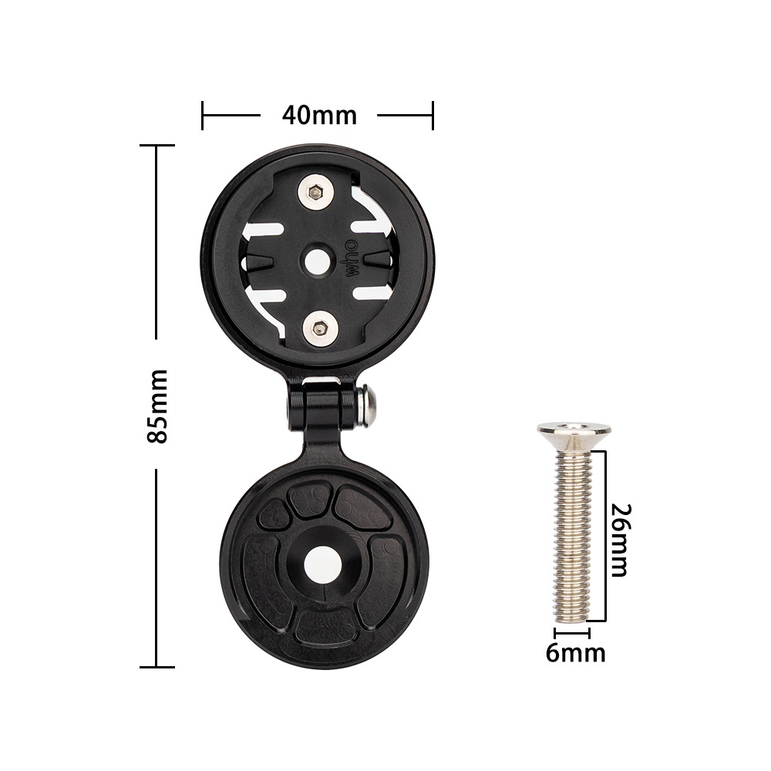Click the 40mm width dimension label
coord(319,116)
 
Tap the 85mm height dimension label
coord(157,406)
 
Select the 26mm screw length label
coord(621,540)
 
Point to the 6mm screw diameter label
coord(575,653)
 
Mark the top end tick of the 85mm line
coord(157,145)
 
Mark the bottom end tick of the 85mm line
coord(157,667)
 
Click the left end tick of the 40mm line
coord(202,116)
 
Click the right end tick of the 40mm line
coord(433,116)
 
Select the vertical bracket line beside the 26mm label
coord(605,536)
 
